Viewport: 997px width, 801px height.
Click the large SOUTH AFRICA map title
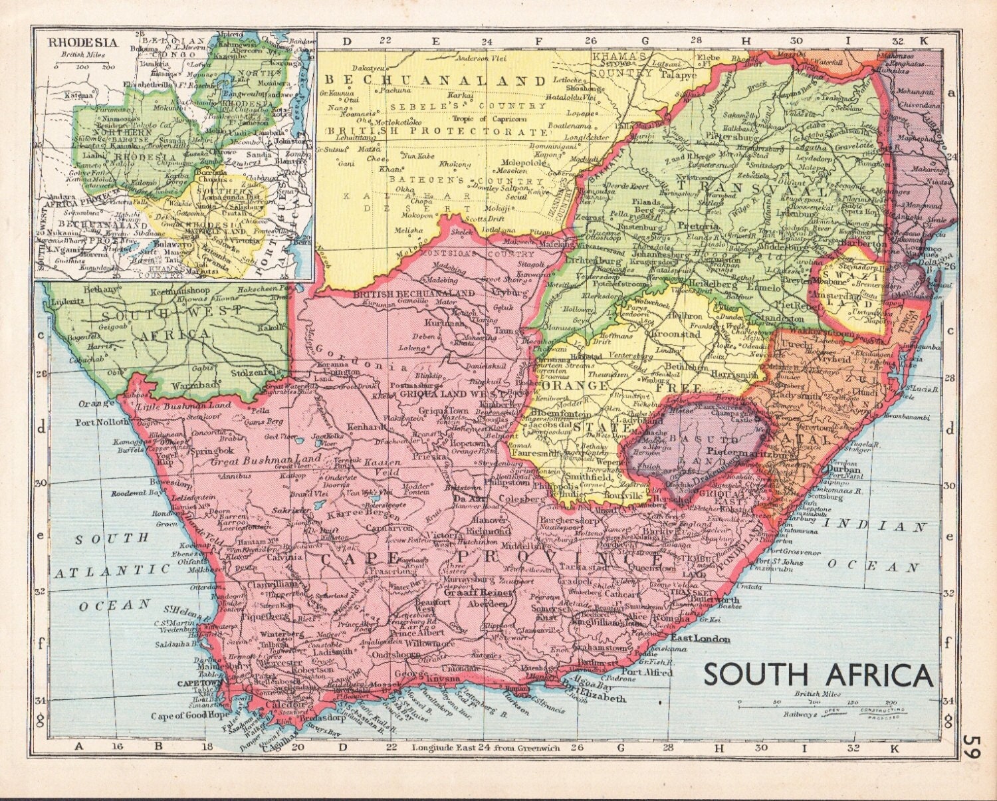(x=818, y=675)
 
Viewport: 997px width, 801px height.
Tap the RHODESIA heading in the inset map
(x=82, y=43)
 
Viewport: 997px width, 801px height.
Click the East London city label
(x=701, y=639)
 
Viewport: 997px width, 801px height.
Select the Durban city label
(x=844, y=467)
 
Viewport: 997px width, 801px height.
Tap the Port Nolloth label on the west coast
(x=102, y=422)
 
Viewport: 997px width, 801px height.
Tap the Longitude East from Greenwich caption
(x=486, y=748)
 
